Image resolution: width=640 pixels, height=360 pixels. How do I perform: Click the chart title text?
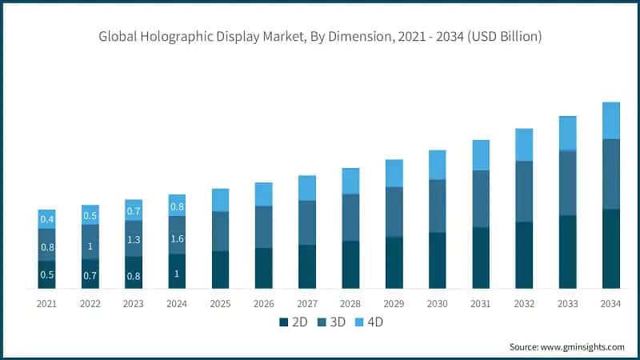(320, 36)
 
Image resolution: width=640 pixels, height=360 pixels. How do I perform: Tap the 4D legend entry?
(370, 322)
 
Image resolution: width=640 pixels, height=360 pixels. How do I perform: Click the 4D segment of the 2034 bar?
(611, 121)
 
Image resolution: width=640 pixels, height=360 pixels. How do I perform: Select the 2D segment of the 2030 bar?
(438, 260)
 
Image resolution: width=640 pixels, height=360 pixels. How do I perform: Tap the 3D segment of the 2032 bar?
(524, 191)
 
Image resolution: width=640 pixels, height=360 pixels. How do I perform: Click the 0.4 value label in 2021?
(47, 219)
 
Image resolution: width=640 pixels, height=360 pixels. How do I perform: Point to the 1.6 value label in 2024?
(177, 238)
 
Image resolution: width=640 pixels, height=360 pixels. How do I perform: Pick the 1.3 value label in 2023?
(134, 239)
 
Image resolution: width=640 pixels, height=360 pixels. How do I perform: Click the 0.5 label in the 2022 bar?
(90, 215)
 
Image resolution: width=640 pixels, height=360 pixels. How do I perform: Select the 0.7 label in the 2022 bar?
(90, 275)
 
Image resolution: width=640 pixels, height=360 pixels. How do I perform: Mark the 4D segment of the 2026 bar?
(264, 194)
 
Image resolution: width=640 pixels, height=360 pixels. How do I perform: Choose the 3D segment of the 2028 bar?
(350, 217)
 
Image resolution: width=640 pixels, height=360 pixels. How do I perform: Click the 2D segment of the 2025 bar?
(221, 270)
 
